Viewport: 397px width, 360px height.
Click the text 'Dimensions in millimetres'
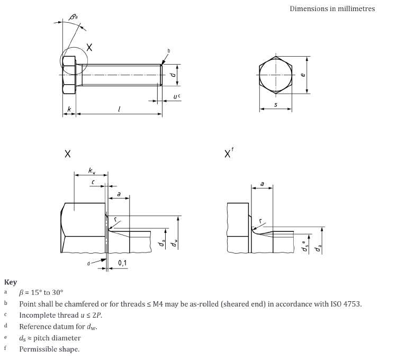click(x=332, y=8)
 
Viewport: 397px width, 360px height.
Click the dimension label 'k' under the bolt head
click(x=69, y=109)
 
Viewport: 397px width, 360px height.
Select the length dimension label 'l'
click(x=119, y=109)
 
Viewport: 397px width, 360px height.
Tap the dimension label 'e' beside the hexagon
click(x=302, y=75)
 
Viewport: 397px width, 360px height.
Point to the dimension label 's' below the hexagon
click(x=275, y=105)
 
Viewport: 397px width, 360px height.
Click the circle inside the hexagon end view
click(x=275, y=75)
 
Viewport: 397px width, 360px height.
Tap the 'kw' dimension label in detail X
click(x=92, y=170)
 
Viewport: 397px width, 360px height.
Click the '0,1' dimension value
click(x=122, y=263)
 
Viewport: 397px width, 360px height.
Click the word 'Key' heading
click(x=11, y=282)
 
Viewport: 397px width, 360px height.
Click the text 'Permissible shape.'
click(x=49, y=349)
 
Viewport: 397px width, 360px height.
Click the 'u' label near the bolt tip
click(x=175, y=96)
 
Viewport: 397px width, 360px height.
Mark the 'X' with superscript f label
click(x=229, y=154)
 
